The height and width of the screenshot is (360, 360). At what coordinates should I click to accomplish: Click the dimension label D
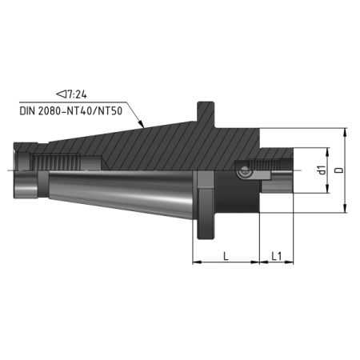[x=339, y=170]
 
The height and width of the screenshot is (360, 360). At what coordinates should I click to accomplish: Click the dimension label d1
[x=320, y=170]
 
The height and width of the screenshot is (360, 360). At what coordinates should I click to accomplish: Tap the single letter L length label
[x=226, y=256]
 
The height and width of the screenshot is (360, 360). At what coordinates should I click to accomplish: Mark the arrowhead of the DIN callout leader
[x=142, y=126]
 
